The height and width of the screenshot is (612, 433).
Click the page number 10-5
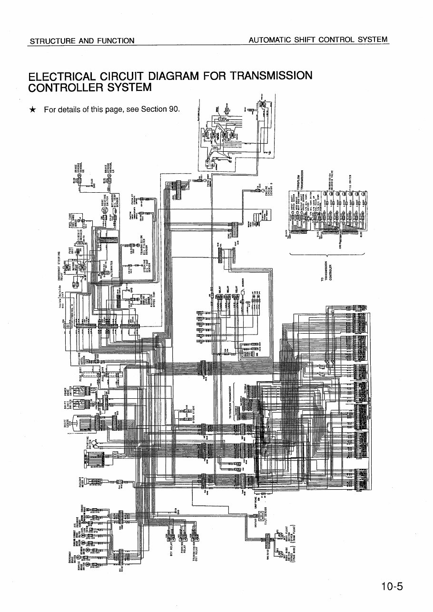(392, 586)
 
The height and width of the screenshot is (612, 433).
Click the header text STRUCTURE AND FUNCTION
(82, 40)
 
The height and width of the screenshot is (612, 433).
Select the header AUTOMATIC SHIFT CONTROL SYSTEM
(318, 40)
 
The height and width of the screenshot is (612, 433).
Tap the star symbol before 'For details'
(32, 109)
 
